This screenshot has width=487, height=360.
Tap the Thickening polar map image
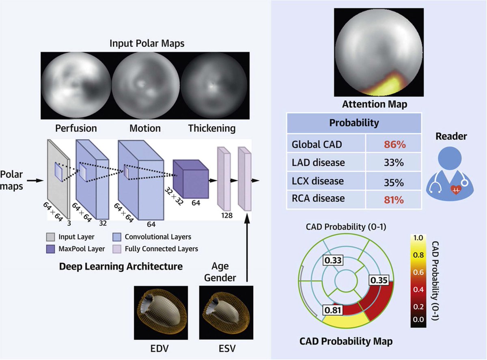211,87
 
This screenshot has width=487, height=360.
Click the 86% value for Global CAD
394,144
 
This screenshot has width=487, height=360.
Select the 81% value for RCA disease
394,199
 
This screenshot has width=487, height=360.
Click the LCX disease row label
318,181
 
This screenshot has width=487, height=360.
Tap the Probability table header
354,123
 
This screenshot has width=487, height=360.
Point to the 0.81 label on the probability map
332,310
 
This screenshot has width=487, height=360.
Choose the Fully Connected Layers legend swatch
118,248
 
